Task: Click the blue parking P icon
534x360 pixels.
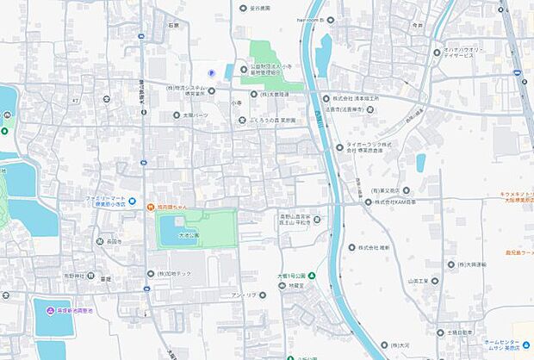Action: [x=213, y=72]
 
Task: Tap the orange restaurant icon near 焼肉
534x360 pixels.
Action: [x=150, y=207]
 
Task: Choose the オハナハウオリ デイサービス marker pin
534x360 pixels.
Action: [x=437, y=52]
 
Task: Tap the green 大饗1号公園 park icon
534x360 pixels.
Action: [x=312, y=276]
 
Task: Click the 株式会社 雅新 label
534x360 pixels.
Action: [x=374, y=246]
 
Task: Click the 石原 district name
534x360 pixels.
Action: [x=173, y=27]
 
